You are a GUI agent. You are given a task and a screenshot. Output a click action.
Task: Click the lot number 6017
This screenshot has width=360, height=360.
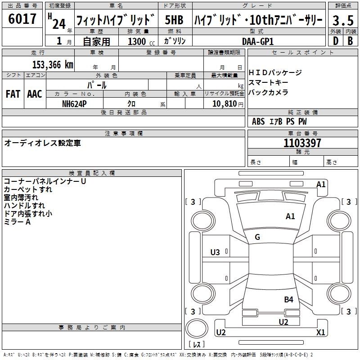click(x=22, y=19)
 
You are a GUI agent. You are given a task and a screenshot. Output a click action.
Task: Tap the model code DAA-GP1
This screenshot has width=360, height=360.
click(x=258, y=41)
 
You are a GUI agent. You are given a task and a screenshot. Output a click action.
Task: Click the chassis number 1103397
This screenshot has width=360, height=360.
click(x=302, y=143)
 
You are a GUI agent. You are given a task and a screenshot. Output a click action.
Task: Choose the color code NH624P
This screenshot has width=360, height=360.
click(x=74, y=103)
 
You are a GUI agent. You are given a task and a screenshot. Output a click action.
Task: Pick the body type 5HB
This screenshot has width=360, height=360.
click(x=174, y=20)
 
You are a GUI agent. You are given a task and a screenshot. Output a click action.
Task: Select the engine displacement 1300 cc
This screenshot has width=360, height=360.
click(x=139, y=41)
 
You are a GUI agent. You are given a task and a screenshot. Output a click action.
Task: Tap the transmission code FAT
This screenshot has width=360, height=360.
click(x=13, y=94)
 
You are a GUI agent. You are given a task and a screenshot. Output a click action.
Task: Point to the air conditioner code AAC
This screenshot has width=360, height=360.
click(x=35, y=94)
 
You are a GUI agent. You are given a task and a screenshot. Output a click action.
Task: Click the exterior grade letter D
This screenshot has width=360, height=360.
click(x=335, y=41)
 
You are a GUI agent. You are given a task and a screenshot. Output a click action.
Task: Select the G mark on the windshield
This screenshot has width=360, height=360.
click(x=257, y=237)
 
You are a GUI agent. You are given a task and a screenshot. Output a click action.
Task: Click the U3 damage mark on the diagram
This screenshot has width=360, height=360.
click(x=215, y=252)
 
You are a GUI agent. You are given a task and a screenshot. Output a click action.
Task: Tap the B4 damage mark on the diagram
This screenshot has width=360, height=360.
click(x=288, y=299)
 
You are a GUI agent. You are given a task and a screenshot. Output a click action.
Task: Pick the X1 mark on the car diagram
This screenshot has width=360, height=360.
click(x=320, y=333)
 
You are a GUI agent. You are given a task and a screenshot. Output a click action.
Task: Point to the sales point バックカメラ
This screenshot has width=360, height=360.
click(x=268, y=92)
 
